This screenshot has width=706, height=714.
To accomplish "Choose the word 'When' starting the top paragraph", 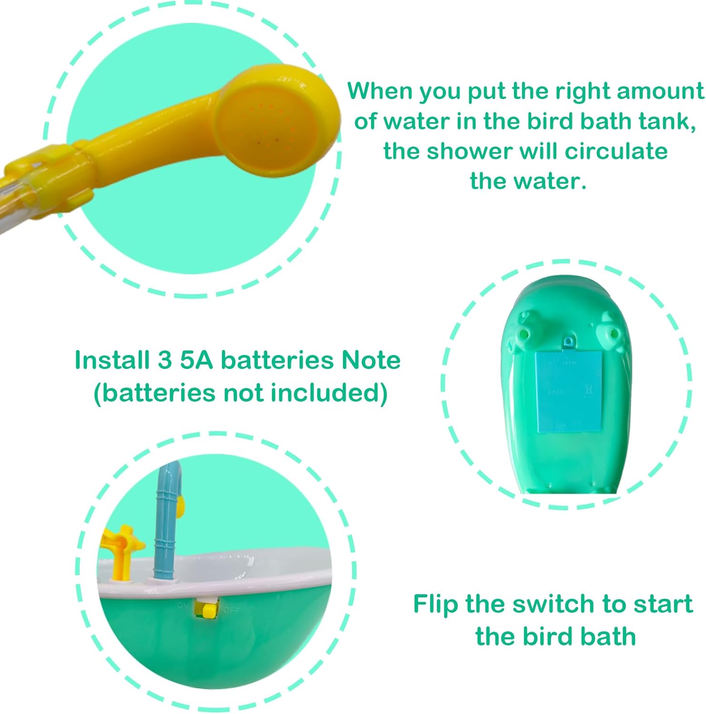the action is click(380, 90).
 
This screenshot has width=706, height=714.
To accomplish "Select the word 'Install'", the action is click(112, 360).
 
